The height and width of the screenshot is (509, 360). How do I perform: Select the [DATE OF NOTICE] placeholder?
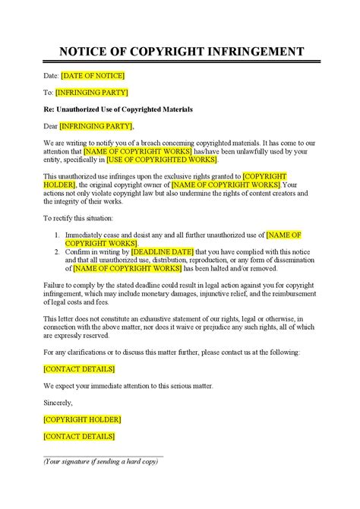click(93, 76)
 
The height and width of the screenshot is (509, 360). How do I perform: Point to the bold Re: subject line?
click(118, 109)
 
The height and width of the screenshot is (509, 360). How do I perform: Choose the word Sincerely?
click(59, 402)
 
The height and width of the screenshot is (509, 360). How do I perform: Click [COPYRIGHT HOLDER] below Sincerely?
click(83, 419)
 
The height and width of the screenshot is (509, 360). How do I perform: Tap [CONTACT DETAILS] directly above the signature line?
click(79, 436)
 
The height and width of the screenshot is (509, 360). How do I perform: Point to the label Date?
click(51, 76)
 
